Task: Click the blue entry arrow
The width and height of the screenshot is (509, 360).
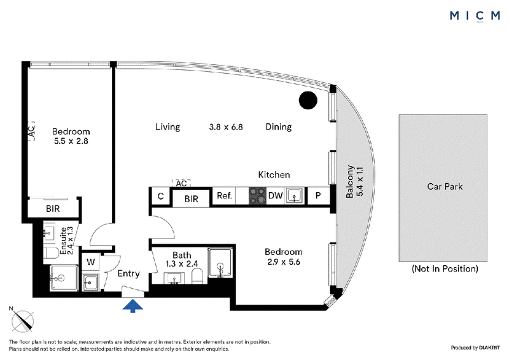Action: [132, 306]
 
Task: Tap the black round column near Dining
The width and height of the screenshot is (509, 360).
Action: [308, 100]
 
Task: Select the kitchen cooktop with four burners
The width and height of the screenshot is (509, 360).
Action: [258, 196]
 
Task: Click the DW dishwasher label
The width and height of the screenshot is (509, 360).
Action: [275, 195]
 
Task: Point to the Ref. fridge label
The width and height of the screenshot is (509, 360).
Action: [225, 195]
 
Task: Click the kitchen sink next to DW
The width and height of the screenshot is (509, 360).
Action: [295, 196]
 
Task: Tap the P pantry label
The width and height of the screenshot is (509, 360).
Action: [318, 195]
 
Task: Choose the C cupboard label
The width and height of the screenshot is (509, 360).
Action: [161, 196]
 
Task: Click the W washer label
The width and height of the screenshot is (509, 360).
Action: [91, 261]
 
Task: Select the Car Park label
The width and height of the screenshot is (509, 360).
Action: [445, 186]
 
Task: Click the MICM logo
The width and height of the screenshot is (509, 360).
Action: [475, 16]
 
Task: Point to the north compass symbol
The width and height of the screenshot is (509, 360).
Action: [22, 320]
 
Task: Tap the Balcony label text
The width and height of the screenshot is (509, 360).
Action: [349, 181]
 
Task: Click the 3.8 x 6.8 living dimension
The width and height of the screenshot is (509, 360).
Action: [226, 127]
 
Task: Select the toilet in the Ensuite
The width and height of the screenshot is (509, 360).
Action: [52, 253]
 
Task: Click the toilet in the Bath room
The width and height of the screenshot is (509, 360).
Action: [197, 276]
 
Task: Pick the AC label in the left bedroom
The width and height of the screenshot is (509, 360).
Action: [31, 131]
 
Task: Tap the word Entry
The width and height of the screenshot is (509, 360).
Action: [129, 273]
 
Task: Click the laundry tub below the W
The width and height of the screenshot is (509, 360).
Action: [90, 282]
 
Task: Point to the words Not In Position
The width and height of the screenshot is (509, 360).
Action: [445, 269]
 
